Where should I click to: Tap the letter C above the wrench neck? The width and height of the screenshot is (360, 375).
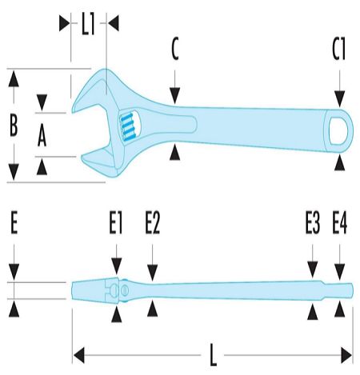click(x=175, y=49)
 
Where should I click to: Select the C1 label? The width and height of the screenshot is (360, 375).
click(x=339, y=49)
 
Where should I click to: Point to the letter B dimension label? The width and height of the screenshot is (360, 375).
click(x=14, y=125)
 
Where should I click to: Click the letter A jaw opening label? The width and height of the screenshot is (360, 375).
click(x=42, y=136)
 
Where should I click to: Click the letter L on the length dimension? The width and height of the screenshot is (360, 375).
click(x=213, y=355)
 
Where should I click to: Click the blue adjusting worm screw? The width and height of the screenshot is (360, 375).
click(x=127, y=126)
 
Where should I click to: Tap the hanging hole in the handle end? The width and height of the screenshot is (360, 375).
click(x=338, y=130)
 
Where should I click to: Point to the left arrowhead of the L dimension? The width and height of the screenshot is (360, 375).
click(x=78, y=355)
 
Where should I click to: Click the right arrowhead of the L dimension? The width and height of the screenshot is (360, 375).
click(x=346, y=355)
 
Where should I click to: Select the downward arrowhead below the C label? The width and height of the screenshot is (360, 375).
click(x=175, y=96)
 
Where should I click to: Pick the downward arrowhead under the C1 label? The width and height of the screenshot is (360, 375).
click(x=339, y=98)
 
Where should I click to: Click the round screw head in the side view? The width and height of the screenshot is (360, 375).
click(x=124, y=290)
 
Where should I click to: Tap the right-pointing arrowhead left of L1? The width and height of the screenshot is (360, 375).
click(x=64, y=23)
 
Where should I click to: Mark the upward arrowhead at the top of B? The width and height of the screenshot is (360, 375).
click(x=14, y=78)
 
